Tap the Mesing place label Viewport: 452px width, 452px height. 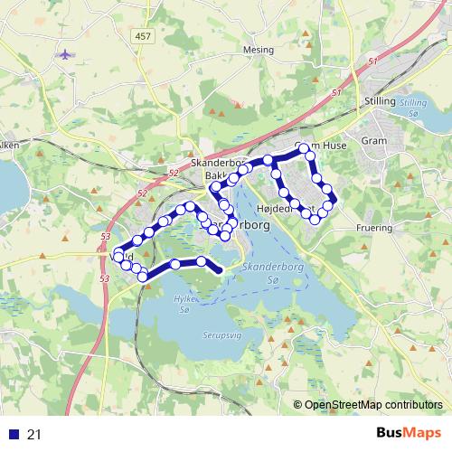coord(258,51)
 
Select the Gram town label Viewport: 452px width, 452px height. coord(398,141)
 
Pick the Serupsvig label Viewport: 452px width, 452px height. coord(213,334)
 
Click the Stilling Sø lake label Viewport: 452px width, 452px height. coord(413,108)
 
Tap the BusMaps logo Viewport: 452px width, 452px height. coord(408,434)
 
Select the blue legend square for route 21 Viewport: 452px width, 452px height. coord(11,435)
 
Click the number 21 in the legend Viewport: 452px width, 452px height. coord(34,435)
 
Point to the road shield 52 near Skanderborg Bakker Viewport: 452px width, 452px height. coord(174,172)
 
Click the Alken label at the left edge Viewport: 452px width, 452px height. coord(9,144)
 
